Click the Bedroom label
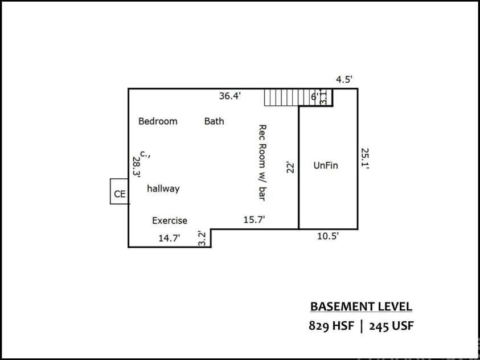point(158,121)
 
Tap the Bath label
point(214,121)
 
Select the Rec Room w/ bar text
point(262,162)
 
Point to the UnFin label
point(326,166)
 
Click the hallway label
point(163,189)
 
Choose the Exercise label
point(169,220)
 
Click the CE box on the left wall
point(120,194)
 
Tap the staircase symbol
point(281,97)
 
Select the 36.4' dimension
point(230,96)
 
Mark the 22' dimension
point(291,167)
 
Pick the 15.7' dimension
point(254,219)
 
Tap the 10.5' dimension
point(328,236)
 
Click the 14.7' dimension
point(169,239)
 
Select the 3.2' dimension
point(201,238)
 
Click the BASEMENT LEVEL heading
point(361,306)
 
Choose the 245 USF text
point(391,326)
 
